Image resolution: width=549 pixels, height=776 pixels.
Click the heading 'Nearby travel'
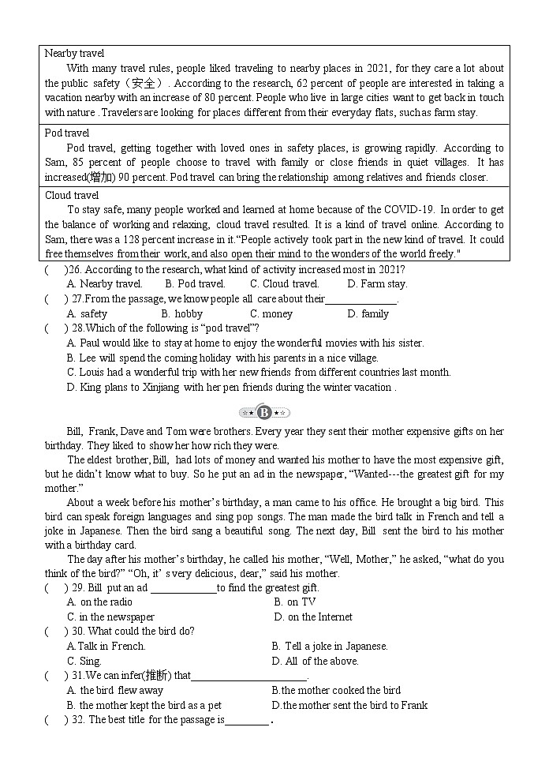tap(74, 54)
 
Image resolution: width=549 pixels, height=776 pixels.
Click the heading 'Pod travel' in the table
tap(67, 133)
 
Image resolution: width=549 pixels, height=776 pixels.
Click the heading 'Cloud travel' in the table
tap(72, 195)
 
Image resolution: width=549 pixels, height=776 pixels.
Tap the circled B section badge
tap(264, 412)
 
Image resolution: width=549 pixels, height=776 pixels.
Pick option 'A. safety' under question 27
tap(88, 314)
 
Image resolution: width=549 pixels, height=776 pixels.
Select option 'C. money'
tap(271, 314)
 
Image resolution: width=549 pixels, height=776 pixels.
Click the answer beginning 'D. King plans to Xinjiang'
tap(231, 388)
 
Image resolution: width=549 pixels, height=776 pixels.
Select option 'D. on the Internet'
tap(313, 617)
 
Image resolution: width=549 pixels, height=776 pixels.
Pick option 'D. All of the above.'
tap(315, 662)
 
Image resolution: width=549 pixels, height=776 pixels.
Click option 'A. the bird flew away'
tap(115, 691)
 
